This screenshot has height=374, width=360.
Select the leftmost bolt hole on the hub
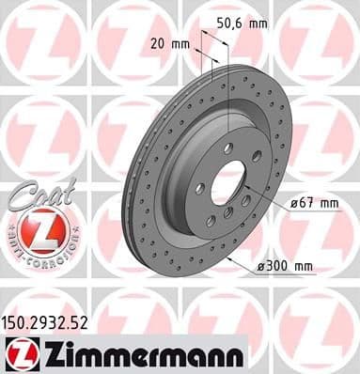tap(199, 188)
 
